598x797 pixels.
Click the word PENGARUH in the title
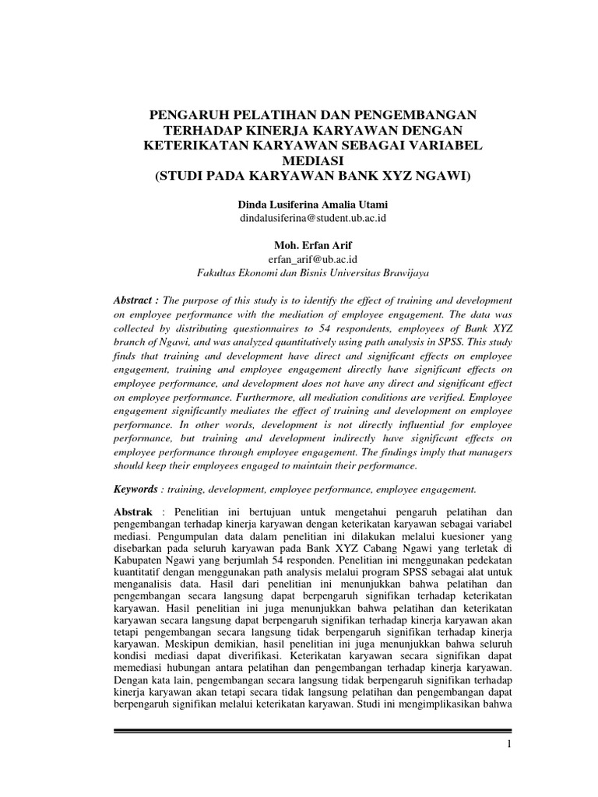[186, 114]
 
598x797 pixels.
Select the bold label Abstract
[135, 300]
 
